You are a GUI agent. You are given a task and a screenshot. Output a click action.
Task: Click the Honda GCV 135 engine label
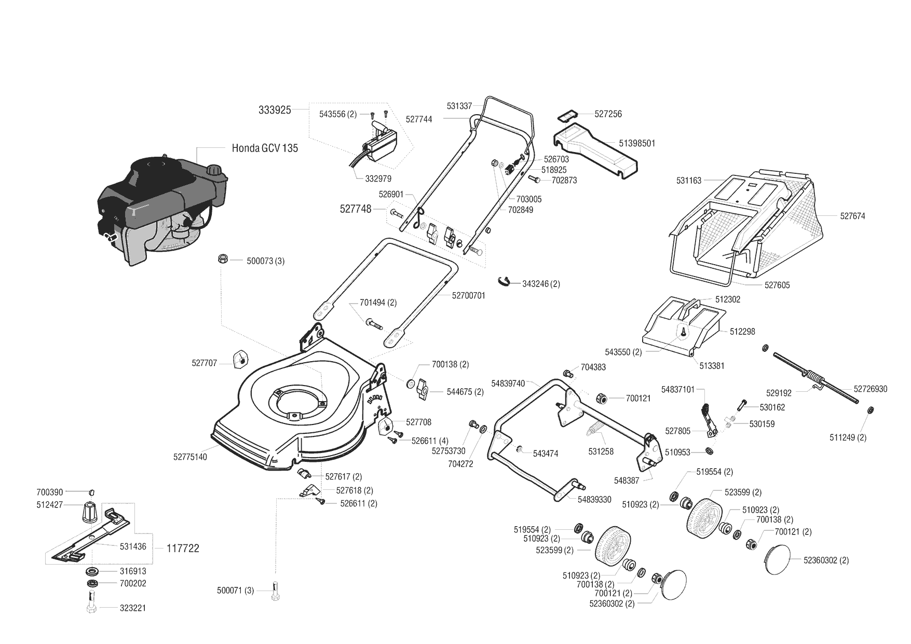click(265, 148)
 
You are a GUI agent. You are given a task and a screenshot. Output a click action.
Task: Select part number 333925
click(275, 110)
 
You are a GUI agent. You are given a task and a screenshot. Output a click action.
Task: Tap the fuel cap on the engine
click(213, 170)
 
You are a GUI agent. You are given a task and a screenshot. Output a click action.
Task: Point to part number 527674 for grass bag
click(852, 216)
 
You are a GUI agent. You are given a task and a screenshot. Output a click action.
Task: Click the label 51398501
click(637, 143)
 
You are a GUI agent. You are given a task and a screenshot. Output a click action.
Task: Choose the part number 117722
click(183, 548)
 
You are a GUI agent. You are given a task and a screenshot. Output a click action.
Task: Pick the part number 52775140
click(190, 457)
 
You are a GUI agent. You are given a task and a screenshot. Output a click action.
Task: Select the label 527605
click(777, 285)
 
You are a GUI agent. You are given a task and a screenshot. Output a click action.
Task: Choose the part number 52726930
click(871, 389)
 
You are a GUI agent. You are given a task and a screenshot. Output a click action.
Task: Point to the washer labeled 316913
click(93, 571)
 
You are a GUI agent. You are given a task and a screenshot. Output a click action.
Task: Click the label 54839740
click(508, 383)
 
